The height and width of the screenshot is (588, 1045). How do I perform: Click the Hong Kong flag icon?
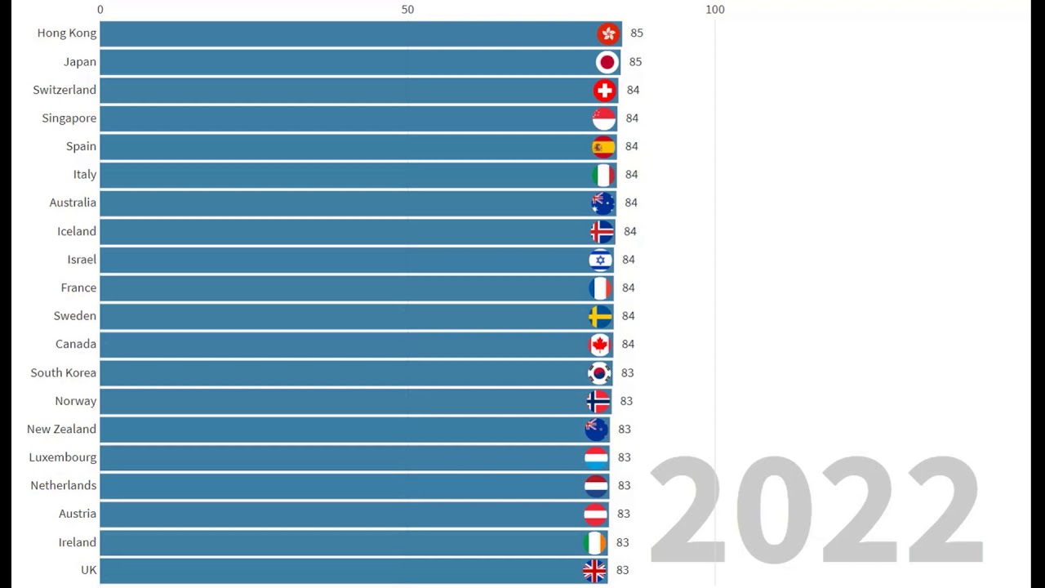click(608, 33)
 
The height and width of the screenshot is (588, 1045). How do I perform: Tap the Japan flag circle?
click(607, 62)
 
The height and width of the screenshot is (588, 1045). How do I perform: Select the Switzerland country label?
click(64, 90)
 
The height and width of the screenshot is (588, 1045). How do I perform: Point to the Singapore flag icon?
click(604, 118)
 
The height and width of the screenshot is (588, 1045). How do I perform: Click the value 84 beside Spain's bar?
click(632, 146)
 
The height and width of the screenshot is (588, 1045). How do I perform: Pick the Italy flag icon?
click(603, 175)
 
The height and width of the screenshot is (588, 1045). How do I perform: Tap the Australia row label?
click(73, 203)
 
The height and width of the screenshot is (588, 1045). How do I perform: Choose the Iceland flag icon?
click(602, 231)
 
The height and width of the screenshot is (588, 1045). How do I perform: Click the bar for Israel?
click(343, 260)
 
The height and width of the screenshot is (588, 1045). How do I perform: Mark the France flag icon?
click(600, 287)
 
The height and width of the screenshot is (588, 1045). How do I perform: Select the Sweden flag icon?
click(600, 316)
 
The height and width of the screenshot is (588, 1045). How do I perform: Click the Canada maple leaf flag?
click(599, 345)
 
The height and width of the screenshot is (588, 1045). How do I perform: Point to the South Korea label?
click(64, 372)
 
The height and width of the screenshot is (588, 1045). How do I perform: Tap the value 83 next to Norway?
click(626, 401)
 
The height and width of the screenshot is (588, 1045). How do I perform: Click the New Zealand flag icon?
click(597, 429)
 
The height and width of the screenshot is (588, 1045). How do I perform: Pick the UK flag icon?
click(594, 570)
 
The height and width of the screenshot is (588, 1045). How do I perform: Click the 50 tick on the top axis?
click(407, 10)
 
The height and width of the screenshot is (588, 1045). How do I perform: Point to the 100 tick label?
click(714, 10)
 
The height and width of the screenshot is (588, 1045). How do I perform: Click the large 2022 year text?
click(816, 510)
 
